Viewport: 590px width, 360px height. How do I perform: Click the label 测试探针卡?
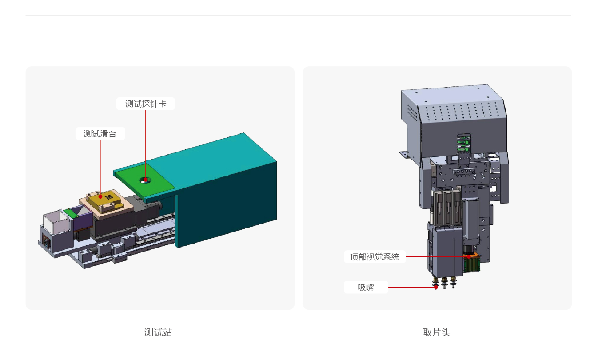(x=145, y=104)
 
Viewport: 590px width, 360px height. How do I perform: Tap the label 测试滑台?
(x=100, y=134)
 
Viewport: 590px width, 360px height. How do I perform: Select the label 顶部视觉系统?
(x=375, y=257)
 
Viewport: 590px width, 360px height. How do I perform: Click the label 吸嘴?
(x=366, y=288)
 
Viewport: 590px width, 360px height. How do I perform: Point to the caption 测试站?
(x=158, y=332)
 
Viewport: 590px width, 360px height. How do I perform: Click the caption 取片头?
(x=436, y=332)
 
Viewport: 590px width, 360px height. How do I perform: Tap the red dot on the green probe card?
(x=145, y=180)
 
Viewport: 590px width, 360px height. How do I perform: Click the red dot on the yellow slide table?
(x=100, y=196)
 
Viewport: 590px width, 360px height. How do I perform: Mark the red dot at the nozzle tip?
(x=436, y=287)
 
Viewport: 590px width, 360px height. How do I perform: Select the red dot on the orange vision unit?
(x=469, y=256)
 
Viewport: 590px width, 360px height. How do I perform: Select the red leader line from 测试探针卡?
(x=145, y=142)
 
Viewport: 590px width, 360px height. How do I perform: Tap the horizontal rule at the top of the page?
(x=298, y=16)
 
